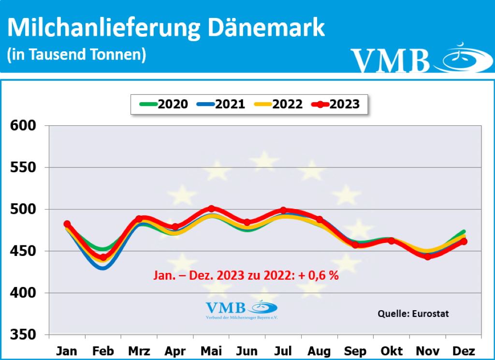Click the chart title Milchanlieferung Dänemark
tap(166, 29)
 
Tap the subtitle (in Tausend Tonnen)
tap(76, 54)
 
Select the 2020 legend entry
tap(164, 104)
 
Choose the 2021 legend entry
tap(221, 104)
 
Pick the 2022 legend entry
tap(278, 104)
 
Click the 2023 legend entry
tap(335, 104)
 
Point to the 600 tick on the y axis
tap(23, 126)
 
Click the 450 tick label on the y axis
tap(23, 251)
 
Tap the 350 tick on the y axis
tap(23, 335)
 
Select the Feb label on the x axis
tap(103, 351)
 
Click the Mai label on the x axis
tap(211, 351)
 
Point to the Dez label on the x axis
tap(464, 351)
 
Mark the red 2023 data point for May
tap(211, 209)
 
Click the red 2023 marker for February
tap(103, 257)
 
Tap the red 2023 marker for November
tap(428, 256)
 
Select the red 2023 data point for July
tap(283, 210)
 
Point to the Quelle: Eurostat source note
tap(413, 314)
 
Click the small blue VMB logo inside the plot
tap(242, 310)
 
